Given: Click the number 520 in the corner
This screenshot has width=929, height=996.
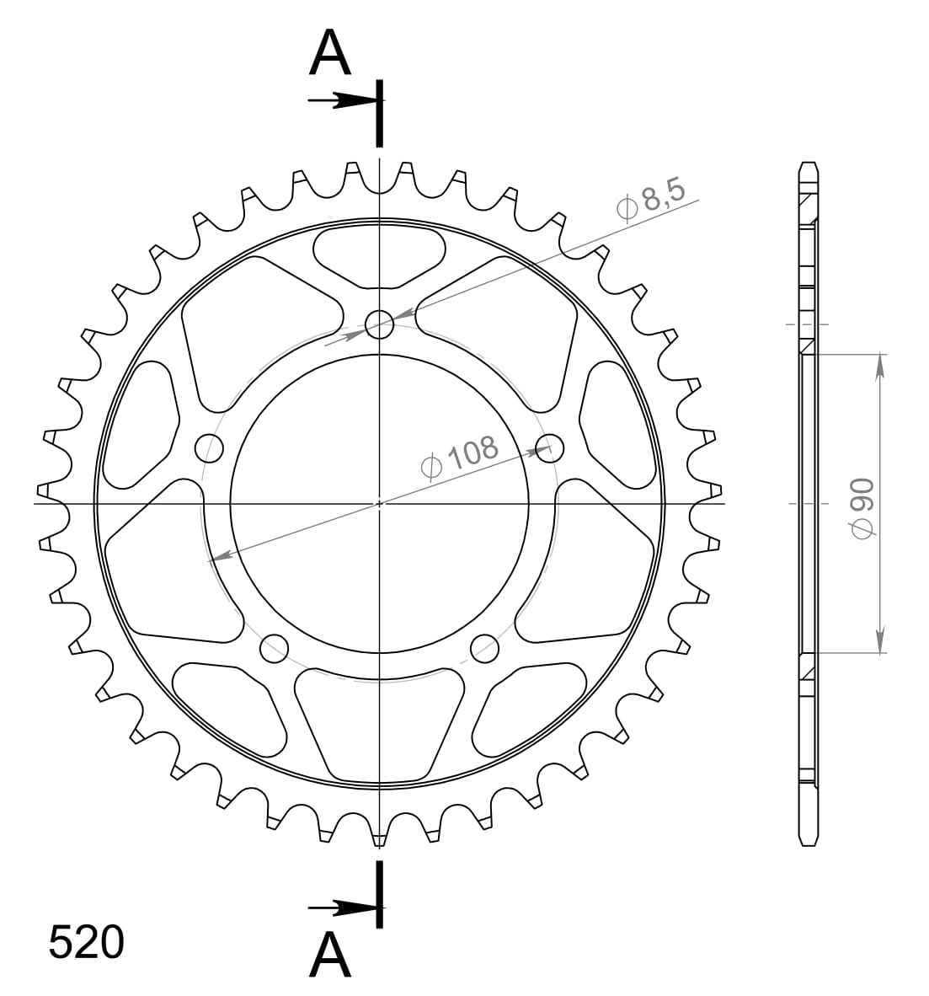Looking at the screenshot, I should tap(86, 942).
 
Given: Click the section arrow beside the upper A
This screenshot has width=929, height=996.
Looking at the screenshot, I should tap(341, 101).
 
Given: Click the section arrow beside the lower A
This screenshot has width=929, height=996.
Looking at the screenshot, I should tap(341, 908).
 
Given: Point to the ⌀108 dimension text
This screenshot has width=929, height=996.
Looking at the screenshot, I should tap(460, 457).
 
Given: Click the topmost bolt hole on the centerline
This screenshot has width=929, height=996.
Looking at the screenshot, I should tap(380, 324).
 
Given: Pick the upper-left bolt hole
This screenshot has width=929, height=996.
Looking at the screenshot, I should tap(209, 448).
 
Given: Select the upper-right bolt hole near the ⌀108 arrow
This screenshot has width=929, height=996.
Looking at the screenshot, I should tap(550, 447).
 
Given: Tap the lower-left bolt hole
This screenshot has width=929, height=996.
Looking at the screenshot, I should tap(274, 648).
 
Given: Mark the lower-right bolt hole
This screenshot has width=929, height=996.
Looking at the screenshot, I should tap(484, 647).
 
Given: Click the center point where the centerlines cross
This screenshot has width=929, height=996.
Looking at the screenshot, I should tap(380, 504).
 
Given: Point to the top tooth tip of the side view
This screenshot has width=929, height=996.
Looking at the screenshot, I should tap(809, 163).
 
